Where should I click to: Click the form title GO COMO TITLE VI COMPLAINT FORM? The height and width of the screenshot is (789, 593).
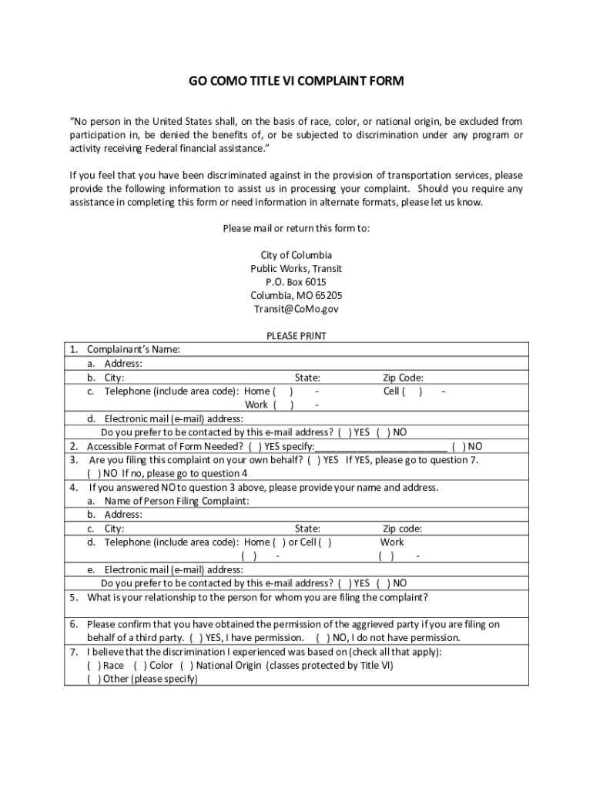tap(296, 81)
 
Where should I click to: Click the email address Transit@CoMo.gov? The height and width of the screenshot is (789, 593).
tap(296, 309)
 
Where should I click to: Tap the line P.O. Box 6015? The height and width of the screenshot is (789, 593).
tap(296, 282)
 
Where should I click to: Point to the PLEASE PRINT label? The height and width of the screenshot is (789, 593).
tap(296, 336)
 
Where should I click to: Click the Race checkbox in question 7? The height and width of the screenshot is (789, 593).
tap(93, 666)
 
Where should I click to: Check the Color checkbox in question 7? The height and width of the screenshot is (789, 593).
tap(139, 666)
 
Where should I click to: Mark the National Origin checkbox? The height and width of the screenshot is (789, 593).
tap(186, 666)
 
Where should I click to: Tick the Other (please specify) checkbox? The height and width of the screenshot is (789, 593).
tap(93, 680)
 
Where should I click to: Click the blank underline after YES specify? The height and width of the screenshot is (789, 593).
tap(380, 446)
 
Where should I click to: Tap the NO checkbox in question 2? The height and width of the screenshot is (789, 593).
tap(459, 446)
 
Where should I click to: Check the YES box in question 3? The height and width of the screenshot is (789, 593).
tap(314, 460)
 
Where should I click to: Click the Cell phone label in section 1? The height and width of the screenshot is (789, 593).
tap(391, 391)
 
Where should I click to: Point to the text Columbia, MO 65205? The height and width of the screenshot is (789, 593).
tap(296, 296)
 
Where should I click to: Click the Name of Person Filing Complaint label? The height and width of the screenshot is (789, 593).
tap(176, 501)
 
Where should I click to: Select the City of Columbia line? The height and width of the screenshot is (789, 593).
tap(296, 255)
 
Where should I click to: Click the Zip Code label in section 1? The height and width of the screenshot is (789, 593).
tap(404, 378)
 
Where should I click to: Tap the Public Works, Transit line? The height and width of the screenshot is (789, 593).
tap(296, 269)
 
